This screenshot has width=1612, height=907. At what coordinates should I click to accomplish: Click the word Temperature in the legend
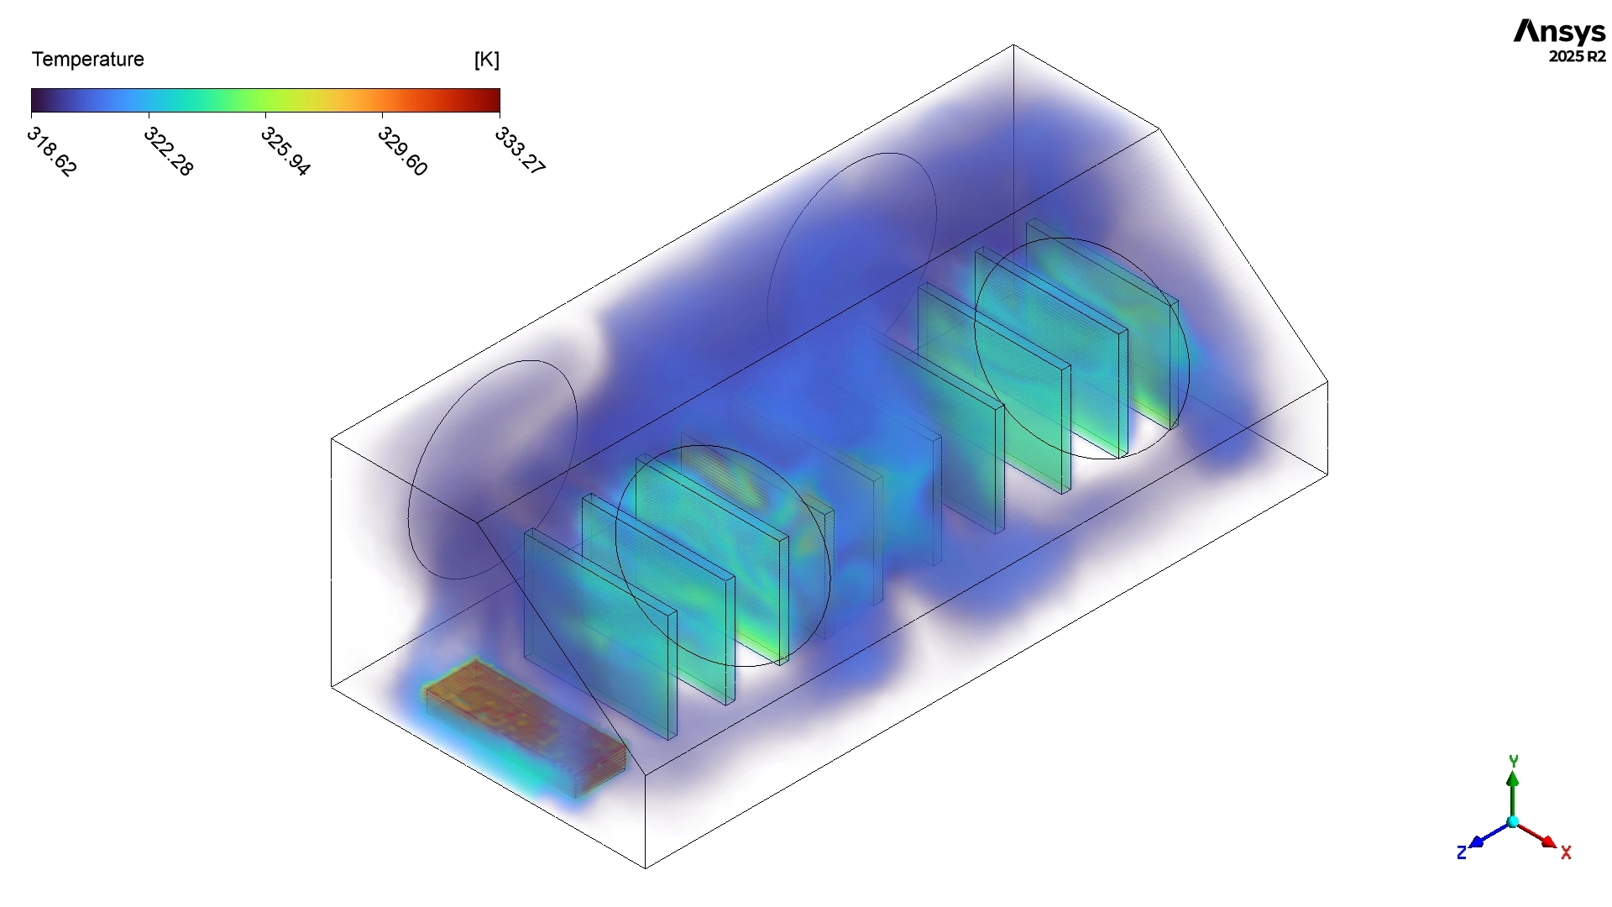[88, 60]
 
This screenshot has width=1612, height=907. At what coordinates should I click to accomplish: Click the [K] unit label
[487, 60]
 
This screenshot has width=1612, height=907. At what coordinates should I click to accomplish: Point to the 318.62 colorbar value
[52, 151]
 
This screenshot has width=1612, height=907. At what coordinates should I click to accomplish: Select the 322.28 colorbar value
[169, 151]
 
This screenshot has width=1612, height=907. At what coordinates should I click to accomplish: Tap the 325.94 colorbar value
[285, 151]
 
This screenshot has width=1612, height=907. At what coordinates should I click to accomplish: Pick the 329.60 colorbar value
[403, 151]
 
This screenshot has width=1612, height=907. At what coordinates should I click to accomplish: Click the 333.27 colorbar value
[521, 151]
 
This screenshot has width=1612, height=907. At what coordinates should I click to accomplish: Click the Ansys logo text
[1560, 32]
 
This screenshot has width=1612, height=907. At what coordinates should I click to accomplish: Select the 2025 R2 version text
[1578, 56]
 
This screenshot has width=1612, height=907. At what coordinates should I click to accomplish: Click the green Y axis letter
[1513, 761]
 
